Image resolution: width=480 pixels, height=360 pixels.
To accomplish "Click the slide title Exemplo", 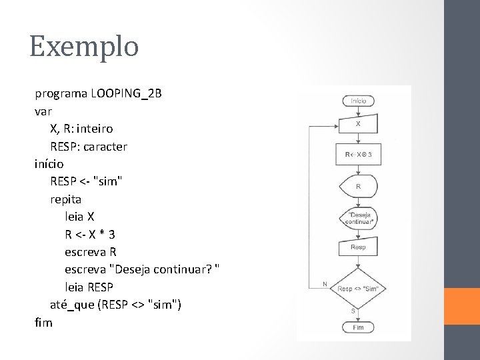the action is (84, 47).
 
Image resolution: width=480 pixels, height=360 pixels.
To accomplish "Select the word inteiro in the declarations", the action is (105, 128).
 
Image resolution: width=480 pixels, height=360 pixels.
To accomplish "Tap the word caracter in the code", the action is (105, 145).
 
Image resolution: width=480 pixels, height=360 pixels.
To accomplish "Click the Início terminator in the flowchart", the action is (359, 101).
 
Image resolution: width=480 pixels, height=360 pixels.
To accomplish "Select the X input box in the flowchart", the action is (359, 124).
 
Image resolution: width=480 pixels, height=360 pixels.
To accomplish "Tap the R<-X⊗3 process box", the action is (359, 155).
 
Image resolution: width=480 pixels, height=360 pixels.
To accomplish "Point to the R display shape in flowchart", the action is (359, 187).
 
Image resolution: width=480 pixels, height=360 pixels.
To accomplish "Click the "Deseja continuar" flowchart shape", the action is (359, 218).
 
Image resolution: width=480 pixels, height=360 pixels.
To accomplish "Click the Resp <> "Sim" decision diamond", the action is (359, 288).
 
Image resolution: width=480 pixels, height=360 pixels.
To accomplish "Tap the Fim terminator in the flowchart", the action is (359, 327).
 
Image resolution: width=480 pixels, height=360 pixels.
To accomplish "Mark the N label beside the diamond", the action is (325, 283).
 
